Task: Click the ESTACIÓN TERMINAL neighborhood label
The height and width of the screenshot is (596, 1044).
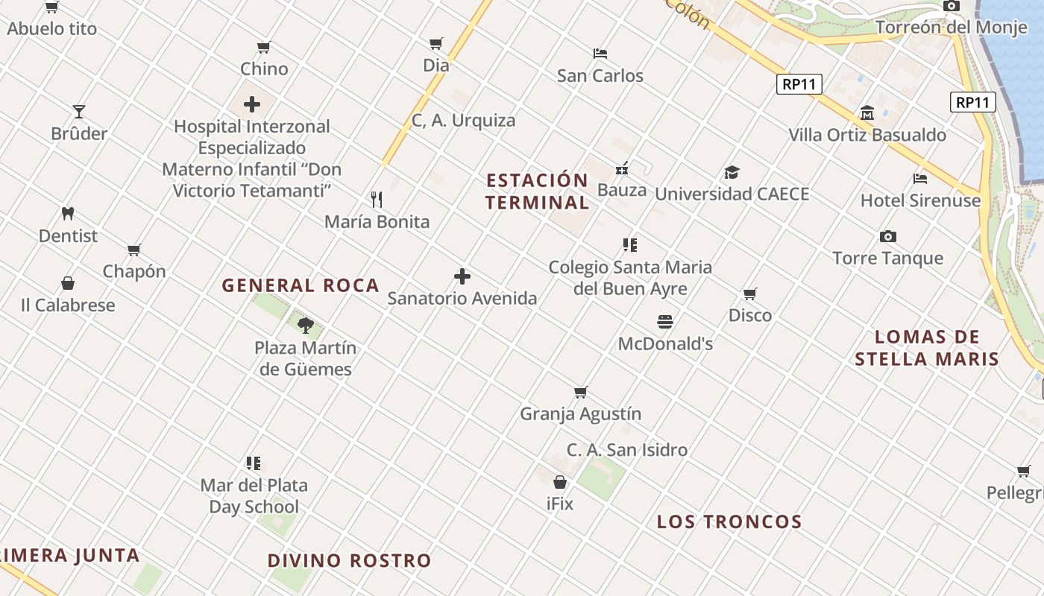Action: (537, 191)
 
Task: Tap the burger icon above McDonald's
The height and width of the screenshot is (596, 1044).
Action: (665, 321)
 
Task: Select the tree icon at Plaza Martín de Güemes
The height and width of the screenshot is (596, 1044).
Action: (305, 325)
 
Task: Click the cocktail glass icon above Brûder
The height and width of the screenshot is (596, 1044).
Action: (79, 112)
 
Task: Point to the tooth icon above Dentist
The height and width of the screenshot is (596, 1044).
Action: (68, 213)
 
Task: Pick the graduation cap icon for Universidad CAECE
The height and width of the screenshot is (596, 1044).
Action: (732, 173)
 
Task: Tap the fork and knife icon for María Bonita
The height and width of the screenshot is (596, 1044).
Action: (377, 199)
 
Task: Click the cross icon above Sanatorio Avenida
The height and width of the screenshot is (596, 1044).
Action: (462, 276)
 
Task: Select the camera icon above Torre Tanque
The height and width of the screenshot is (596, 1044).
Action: (887, 236)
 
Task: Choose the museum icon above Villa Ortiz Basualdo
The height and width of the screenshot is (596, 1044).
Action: (867, 113)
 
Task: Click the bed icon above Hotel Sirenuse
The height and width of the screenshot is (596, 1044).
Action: (920, 179)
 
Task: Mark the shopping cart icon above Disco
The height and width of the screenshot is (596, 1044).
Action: (749, 294)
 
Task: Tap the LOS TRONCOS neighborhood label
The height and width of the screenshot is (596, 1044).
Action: (729, 521)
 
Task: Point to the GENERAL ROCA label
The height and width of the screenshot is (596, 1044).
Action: (301, 285)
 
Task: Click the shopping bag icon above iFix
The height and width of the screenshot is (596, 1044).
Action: (560, 482)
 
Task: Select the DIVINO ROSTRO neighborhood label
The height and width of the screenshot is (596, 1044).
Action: (350, 560)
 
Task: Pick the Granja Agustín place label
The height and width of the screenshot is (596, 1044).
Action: (581, 413)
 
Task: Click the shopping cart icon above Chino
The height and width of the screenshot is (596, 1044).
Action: (263, 48)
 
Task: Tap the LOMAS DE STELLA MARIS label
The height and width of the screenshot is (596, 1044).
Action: (927, 348)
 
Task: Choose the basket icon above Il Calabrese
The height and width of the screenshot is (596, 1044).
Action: (68, 284)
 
